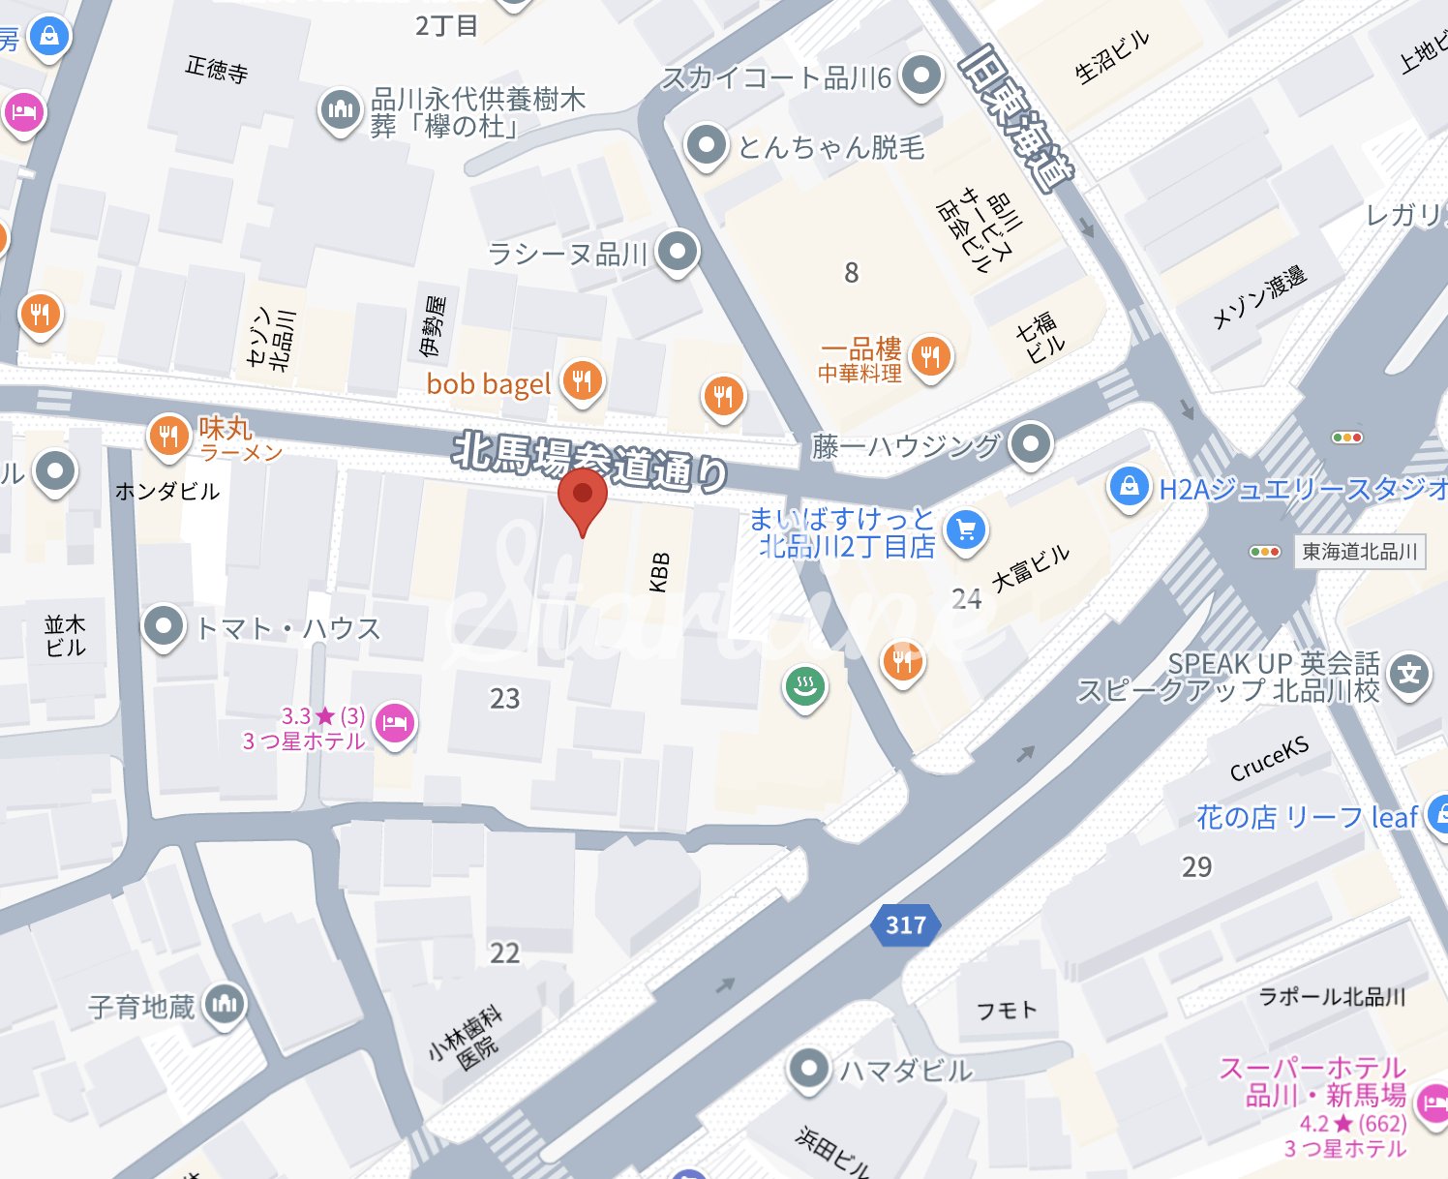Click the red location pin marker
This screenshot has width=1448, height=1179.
(583, 495)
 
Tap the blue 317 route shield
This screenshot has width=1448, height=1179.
(905, 925)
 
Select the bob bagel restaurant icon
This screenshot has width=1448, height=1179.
(582, 381)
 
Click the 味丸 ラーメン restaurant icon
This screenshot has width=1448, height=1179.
(168, 436)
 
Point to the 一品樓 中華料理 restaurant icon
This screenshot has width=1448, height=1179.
(930, 357)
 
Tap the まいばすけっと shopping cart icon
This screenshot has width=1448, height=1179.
(965, 529)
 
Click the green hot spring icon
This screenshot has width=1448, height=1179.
(804, 687)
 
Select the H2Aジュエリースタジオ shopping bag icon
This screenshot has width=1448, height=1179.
(1129, 486)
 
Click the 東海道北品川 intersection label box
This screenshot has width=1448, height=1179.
(1359, 552)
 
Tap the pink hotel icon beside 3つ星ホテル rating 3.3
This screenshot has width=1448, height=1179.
(394, 722)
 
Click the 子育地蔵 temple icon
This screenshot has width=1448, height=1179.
(225, 1004)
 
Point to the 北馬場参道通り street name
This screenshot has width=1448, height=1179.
(590, 462)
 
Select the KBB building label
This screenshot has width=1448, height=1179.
(659, 571)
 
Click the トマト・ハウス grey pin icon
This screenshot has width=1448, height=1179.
(164, 625)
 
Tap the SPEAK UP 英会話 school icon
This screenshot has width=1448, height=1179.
(1409, 673)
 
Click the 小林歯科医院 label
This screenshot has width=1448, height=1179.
(467, 1038)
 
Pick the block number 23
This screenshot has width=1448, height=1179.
(504, 699)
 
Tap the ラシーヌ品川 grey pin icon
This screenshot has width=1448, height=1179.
(677, 252)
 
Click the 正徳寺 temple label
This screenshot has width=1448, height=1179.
(217, 70)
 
